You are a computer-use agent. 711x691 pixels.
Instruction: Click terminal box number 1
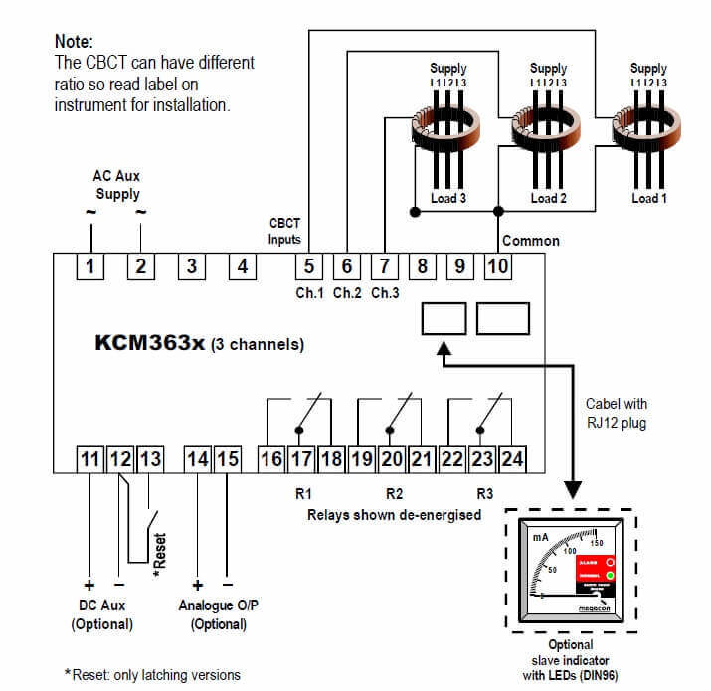[91, 266]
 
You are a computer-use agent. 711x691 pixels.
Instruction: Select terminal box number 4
[242, 266]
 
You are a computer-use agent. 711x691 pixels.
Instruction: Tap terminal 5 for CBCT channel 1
[310, 266]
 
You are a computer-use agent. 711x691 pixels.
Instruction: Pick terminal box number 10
[497, 266]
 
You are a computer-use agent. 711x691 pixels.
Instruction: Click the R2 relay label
[395, 492]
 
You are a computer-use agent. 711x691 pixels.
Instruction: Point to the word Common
[531, 241]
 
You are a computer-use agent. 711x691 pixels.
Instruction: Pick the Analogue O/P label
[212, 605]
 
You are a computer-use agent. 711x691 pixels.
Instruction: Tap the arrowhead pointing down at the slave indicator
[574, 489]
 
